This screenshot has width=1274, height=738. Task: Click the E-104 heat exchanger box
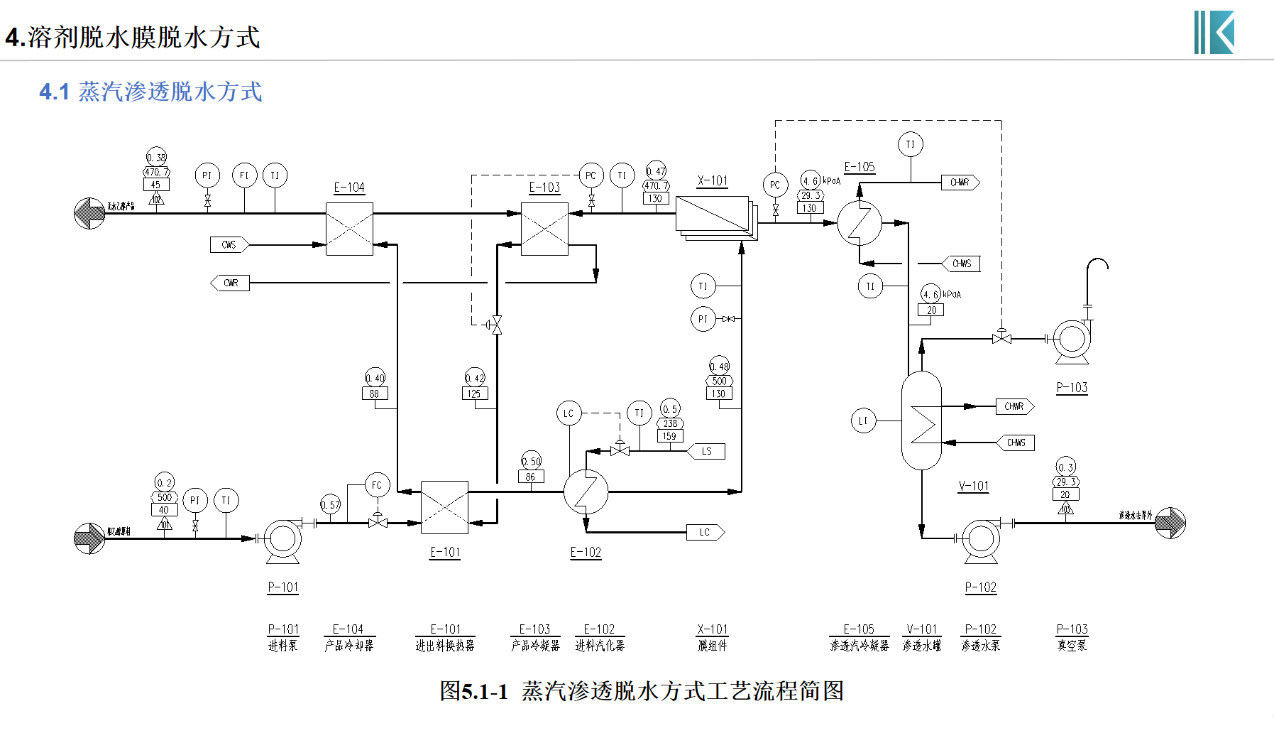(x=349, y=229)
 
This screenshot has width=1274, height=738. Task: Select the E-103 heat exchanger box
(x=544, y=229)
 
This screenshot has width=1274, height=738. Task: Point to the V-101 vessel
(x=921, y=420)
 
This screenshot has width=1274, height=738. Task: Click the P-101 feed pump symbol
(x=282, y=539)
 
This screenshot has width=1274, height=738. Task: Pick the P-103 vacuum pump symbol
(x=1071, y=340)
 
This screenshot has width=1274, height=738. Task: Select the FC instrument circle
(x=377, y=485)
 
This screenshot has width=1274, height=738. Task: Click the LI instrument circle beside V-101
(x=863, y=420)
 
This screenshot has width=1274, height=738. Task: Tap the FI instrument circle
(x=244, y=175)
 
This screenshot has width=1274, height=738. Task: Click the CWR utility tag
(x=230, y=283)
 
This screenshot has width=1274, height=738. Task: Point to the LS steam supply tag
(x=707, y=451)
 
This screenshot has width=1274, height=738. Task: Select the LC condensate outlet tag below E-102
(x=705, y=532)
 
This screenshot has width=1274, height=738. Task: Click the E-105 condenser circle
(x=860, y=223)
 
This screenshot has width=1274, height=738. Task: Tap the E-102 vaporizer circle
(x=586, y=492)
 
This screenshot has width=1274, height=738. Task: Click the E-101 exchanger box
(x=444, y=507)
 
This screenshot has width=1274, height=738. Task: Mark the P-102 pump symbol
(x=981, y=539)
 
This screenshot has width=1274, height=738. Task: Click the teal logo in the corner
(x=1214, y=32)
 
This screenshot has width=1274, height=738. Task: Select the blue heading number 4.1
(x=54, y=92)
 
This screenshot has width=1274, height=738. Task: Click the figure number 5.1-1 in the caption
(x=485, y=691)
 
